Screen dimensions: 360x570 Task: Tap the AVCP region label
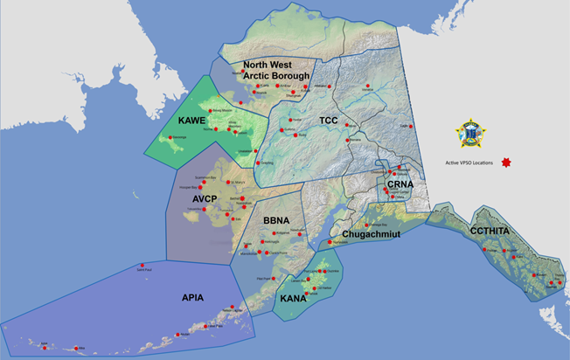pos(211,198)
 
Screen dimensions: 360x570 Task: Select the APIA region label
pos(191,298)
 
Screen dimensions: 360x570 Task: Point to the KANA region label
pos(292,299)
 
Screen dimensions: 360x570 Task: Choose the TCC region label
pos(328,120)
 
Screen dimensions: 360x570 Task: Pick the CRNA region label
pos(398,187)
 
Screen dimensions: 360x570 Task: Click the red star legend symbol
pos(505,163)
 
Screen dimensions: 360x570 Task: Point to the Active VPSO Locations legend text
pos(469,163)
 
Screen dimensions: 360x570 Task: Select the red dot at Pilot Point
pos(266,280)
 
